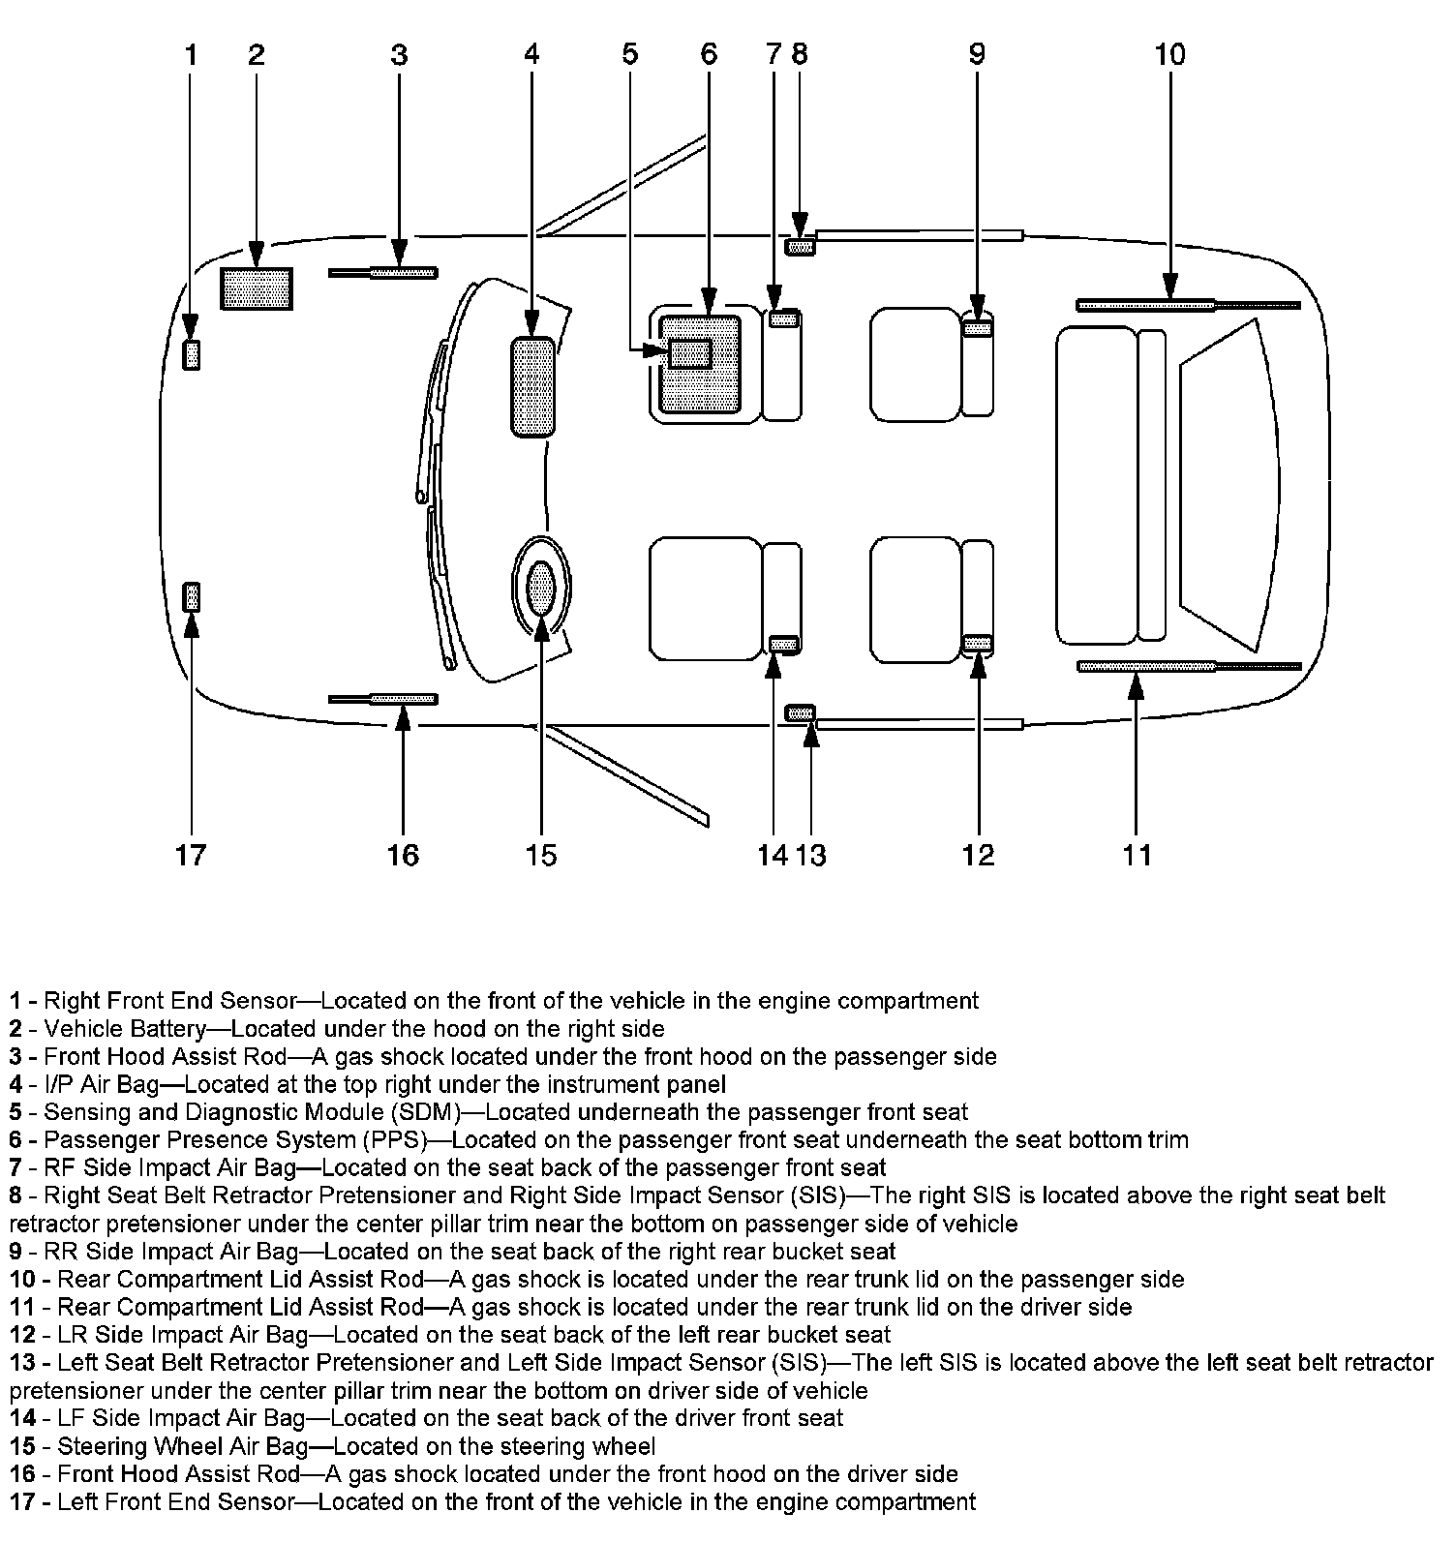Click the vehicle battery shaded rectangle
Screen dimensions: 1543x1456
click(257, 288)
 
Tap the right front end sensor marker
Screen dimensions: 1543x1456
click(192, 355)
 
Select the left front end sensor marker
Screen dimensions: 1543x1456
click(192, 596)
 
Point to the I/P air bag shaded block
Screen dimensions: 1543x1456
click(532, 387)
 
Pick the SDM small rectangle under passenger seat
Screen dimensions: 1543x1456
click(689, 353)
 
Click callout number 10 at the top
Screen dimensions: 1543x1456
click(1169, 54)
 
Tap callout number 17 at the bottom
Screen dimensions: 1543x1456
click(191, 855)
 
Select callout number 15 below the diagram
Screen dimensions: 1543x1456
click(541, 855)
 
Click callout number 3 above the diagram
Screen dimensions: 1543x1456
click(399, 54)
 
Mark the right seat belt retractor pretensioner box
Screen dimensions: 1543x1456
click(800, 247)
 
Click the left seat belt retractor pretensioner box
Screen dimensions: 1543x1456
click(800, 714)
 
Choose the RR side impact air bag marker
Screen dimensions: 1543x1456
click(978, 329)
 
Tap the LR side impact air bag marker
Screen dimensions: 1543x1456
click(978, 643)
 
